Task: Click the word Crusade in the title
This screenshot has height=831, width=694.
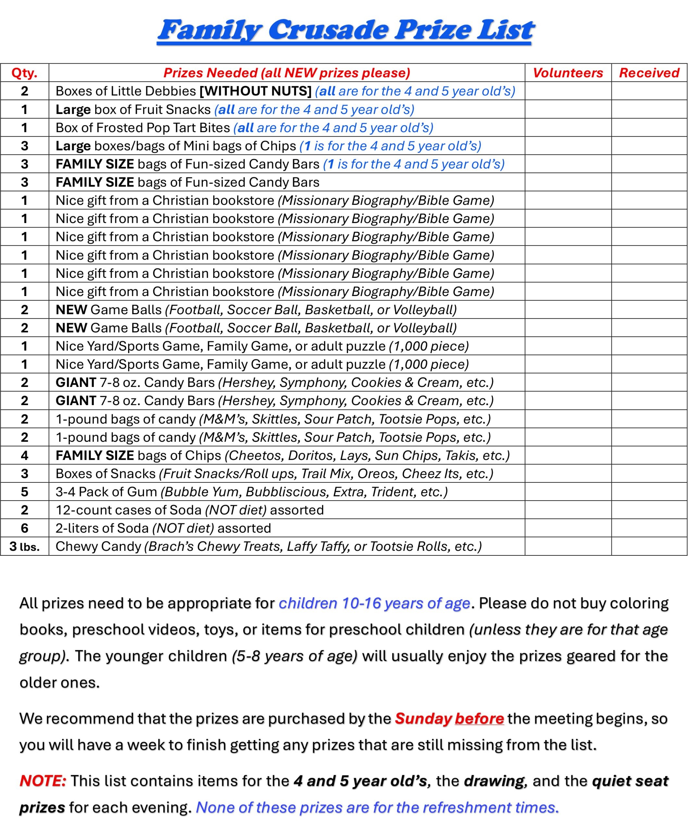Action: point(328,30)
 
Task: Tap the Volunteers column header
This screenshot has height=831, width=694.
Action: point(568,73)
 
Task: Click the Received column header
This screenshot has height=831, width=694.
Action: point(649,73)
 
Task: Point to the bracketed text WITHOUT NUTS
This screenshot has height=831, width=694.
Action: point(255,91)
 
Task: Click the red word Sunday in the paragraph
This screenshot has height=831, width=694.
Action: point(423,718)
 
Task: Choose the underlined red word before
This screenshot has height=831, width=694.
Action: point(479,718)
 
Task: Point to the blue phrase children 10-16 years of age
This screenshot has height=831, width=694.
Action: point(374,603)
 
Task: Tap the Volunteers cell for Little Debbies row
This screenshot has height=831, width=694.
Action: point(568,91)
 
